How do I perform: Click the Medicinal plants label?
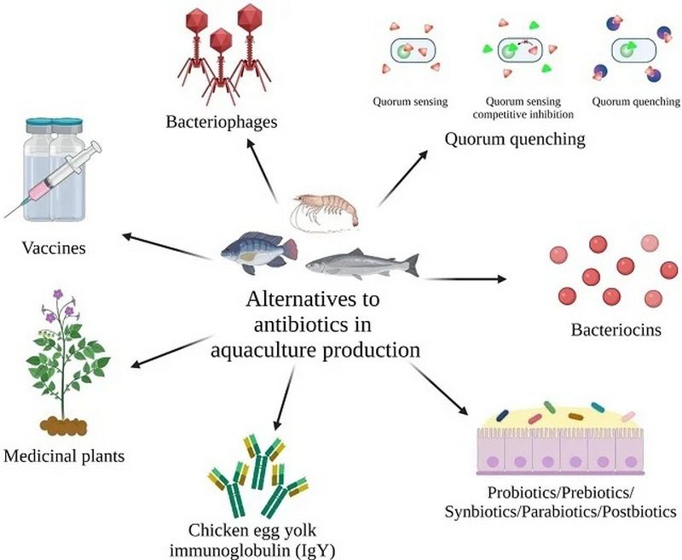coord(64,456)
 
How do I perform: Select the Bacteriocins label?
coord(606,328)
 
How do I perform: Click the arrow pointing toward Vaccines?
coord(166,242)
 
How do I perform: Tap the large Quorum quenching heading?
coord(515,137)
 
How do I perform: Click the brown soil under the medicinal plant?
coord(63,422)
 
